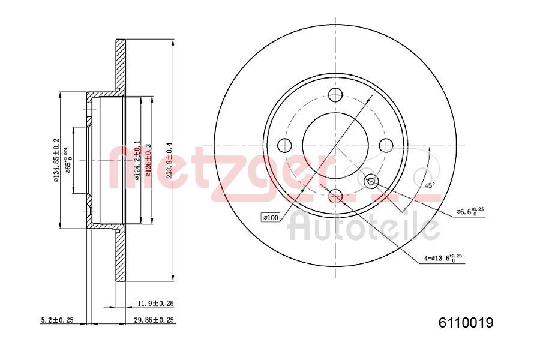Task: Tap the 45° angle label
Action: point(430,185)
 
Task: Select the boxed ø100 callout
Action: point(271,217)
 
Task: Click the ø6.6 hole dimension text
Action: point(471,211)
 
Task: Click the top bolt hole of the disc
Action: point(335,94)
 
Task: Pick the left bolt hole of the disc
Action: point(284,145)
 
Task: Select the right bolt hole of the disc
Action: point(386,145)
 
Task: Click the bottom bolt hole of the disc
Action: point(335,196)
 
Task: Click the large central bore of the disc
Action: point(335,145)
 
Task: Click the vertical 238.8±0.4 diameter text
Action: point(170,161)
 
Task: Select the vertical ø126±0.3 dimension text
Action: point(148,161)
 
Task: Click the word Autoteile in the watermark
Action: point(364,227)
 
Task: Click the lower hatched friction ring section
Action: point(121,258)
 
